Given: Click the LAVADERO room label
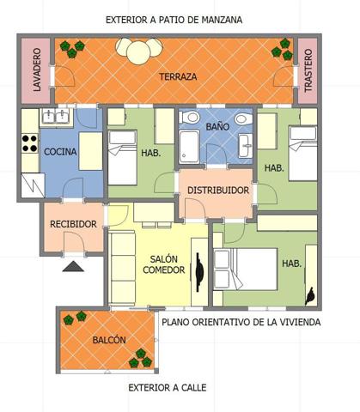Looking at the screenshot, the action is [37, 70].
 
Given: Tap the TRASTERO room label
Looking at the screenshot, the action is [308, 70].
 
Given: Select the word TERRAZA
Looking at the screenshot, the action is [178, 76].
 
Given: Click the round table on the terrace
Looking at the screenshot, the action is [139, 53].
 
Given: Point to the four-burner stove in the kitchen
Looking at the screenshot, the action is [30, 143].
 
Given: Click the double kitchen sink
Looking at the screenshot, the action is [56, 116].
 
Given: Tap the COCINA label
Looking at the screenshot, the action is [60, 152].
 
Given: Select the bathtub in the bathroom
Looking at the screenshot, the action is [189, 147].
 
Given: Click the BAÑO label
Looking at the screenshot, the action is [217, 126].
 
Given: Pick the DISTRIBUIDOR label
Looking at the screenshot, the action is [218, 191].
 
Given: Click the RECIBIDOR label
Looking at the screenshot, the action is [73, 224].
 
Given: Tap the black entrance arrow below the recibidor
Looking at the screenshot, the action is [73, 266].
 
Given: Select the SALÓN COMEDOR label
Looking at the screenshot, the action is [164, 264].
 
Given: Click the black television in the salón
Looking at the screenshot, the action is [199, 272].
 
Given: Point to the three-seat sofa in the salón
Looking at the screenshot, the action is [123, 268].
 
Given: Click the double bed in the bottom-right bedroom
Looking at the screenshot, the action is [246, 270].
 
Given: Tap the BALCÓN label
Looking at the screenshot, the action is [109, 340].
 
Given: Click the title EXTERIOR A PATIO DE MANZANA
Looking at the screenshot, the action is [174, 20].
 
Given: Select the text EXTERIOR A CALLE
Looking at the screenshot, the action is [168, 388].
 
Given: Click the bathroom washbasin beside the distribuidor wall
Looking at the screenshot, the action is [246, 146].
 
